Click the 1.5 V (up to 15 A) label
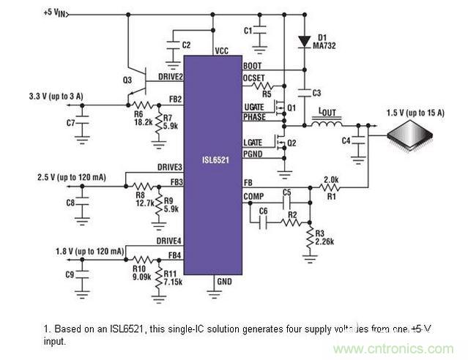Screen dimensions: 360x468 pyautogui.click(x=417, y=112)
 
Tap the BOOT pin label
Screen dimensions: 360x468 pyautogui.click(x=252, y=64)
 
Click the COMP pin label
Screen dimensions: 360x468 pyautogui.click(x=253, y=195)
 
